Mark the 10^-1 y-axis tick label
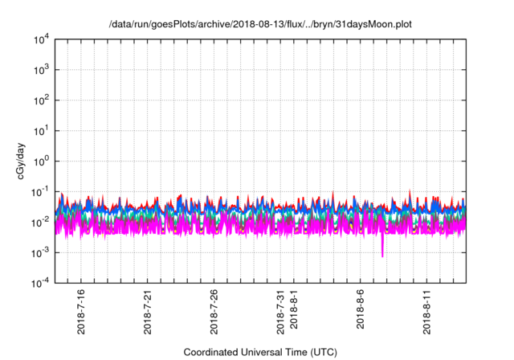coord(39,191)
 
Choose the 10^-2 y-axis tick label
coord(39,222)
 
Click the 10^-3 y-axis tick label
coord(39,252)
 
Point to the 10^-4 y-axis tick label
coord(39,283)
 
